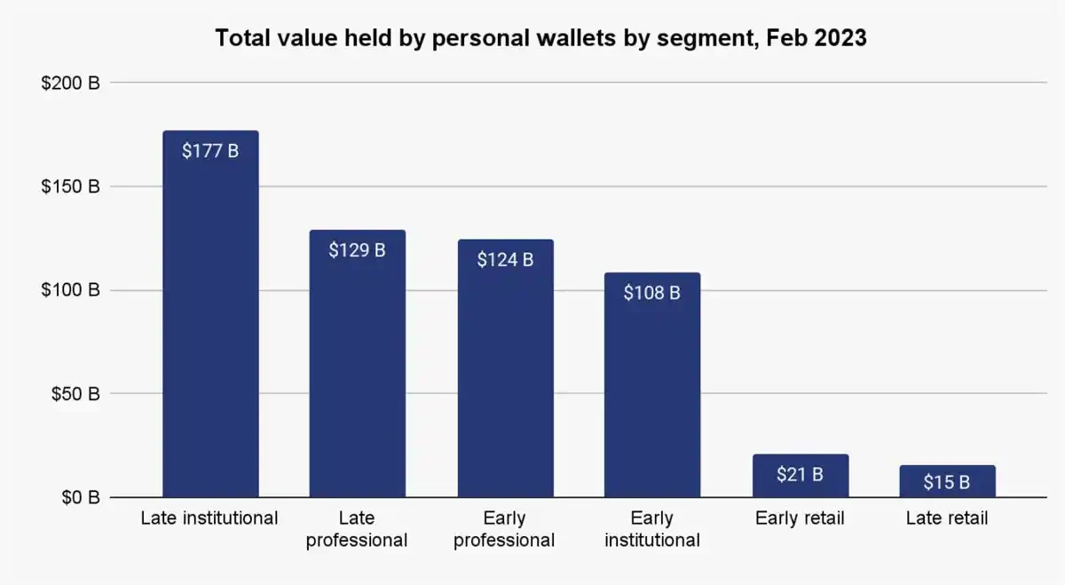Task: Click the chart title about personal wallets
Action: tap(540, 39)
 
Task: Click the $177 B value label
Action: tap(210, 151)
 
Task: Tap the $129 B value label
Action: tap(357, 250)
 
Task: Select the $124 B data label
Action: tap(505, 260)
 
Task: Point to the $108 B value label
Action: tap(652, 293)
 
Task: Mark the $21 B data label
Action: tap(800, 475)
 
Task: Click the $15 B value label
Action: tap(947, 482)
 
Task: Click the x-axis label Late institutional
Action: tap(209, 518)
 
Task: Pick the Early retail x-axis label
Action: tap(800, 518)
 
